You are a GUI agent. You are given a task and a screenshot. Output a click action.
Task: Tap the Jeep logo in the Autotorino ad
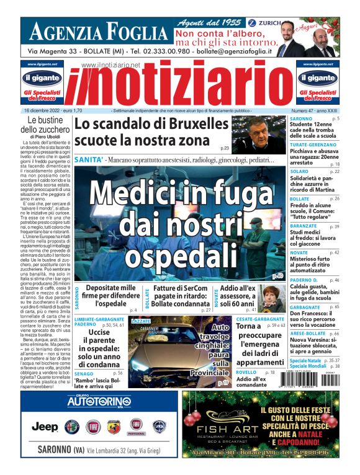(x=45, y=426)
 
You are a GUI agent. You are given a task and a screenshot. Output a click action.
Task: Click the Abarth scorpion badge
(x=112, y=427)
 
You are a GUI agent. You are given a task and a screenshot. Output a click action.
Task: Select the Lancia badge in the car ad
(x=160, y=427)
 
